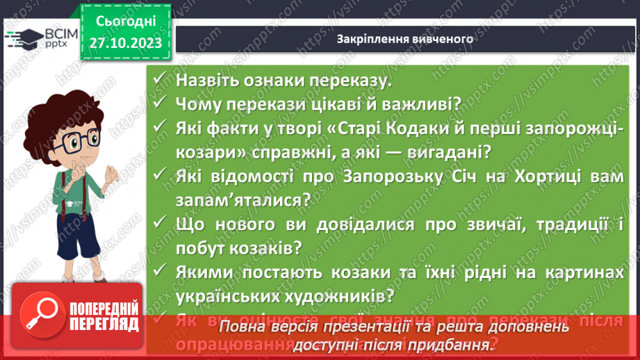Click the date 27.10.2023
(125, 43)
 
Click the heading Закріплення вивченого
(404, 39)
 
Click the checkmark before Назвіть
(163, 79)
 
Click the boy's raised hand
(113, 177)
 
